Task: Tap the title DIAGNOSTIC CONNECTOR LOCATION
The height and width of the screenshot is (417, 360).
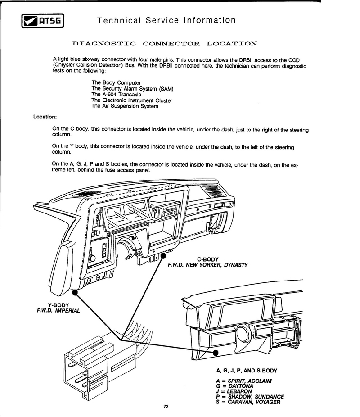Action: [165, 44]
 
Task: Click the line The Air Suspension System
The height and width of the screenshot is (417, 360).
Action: [125, 106]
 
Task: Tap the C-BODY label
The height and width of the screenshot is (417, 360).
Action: [208, 259]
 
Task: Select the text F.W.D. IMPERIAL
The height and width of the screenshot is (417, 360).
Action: [58, 311]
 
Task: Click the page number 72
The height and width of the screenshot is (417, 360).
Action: [166, 407]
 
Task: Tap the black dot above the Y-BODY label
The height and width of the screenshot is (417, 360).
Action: [75, 292]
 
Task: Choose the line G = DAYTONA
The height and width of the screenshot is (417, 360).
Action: [234, 386]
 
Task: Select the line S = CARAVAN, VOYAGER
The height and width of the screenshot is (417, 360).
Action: [248, 402]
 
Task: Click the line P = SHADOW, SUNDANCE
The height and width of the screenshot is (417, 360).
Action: [250, 397]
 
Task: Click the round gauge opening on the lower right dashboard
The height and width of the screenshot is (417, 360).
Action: [241, 334]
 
